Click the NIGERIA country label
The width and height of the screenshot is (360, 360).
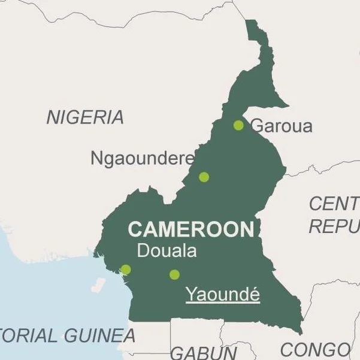tap(85, 117)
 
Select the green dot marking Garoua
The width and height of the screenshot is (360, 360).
tap(238, 125)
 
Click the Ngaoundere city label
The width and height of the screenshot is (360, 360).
tap(142, 159)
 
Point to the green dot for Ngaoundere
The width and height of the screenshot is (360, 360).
tap(204, 177)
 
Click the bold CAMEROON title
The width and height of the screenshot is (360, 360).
tap(191, 229)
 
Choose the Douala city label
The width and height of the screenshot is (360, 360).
tap(167, 251)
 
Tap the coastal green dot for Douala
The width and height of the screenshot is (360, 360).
tap(125, 270)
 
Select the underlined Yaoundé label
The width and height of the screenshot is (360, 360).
tap(223, 295)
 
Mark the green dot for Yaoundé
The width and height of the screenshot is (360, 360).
tap(174, 274)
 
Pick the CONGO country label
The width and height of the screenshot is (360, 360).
tap(314, 349)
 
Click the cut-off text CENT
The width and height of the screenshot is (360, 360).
tap(334, 204)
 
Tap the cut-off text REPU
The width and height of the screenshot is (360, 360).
tap(334, 226)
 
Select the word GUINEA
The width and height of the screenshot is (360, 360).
tap(99, 335)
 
